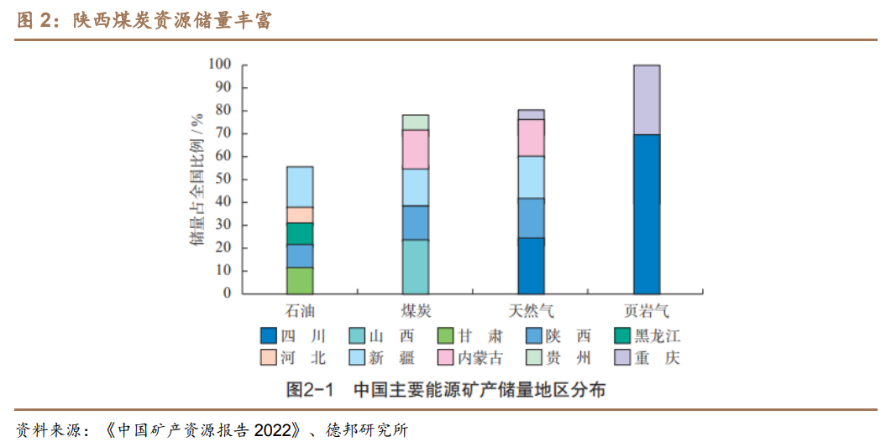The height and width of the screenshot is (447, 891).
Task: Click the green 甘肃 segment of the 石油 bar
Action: point(300,280)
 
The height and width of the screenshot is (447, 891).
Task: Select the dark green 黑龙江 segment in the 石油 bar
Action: point(300,233)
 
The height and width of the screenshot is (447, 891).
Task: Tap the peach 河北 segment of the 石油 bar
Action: point(300,215)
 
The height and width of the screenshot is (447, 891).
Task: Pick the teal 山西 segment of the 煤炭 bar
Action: point(416,267)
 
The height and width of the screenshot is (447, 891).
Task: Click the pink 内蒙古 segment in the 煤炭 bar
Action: point(416,149)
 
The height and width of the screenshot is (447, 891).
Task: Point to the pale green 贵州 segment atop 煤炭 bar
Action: point(416,122)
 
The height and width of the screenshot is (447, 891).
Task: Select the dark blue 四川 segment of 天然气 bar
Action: point(531,265)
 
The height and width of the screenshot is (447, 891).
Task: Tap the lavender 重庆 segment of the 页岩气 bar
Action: point(647,99)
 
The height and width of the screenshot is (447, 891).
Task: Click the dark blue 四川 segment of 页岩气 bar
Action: point(647,214)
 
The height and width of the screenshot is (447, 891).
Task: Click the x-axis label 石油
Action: point(300,311)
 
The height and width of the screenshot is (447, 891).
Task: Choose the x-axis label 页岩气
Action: point(647,311)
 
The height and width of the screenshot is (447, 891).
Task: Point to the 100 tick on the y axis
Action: point(219,65)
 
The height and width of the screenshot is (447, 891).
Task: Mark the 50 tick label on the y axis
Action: point(223,179)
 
